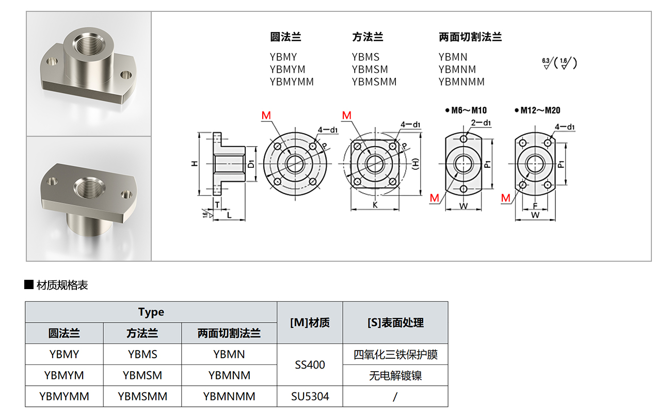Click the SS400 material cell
click(x=310, y=365)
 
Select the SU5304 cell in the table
click(x=310, y=396)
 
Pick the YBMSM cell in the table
click(x=142, y=375)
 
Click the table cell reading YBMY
click(x=65, y=355)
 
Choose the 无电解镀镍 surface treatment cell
click(x=395, y=376)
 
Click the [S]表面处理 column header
click(x=395, y=323)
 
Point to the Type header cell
click(x=151, y=312)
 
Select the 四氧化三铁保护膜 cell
click(x=395, y=355)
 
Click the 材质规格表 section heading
click(x=62, y=285)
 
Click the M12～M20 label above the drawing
click(x=540, y=110)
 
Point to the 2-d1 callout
click(x=481, y=122)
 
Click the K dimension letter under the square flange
click(x=375, y=205)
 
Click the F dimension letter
click(x=535, y=205)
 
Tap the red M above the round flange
click(x=266, y=116)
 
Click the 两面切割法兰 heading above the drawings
click(x=470, y=37)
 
